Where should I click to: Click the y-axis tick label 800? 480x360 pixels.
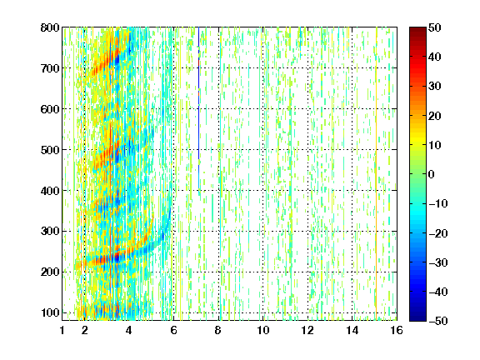click(x=50, y=27)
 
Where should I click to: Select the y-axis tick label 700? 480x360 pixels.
click(x=50, y=68)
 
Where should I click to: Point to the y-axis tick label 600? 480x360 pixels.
click(x=50, y=109)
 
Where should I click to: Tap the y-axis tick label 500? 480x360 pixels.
click(x=50, y=150)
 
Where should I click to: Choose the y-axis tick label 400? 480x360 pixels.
click(x=50, y=191)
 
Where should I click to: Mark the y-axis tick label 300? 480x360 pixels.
click(x=50, y=232)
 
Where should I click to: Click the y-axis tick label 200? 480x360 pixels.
click(x=50, y=272)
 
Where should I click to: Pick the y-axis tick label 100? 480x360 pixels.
click(x=50, y=312)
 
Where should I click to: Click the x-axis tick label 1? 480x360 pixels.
click(x=62, y=330)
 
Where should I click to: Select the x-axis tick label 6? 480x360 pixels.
click(x=174, y=330)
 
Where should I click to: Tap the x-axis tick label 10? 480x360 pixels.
click(x=263, y=330)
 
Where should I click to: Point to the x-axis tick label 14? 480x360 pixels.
click(x=352, y=330)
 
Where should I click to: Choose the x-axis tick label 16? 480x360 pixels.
click(x=397, y=330)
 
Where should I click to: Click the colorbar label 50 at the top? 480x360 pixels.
click(x=434, y=27)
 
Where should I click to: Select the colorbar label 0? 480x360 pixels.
click(x=432, y=174)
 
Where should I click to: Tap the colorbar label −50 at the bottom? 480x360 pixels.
click(x=438, y=321)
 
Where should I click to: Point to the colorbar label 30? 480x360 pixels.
click(x=434, y=87)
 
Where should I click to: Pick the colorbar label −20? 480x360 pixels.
click(x=438, y=233)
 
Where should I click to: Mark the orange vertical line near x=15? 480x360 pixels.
click(x=376, y=173)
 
